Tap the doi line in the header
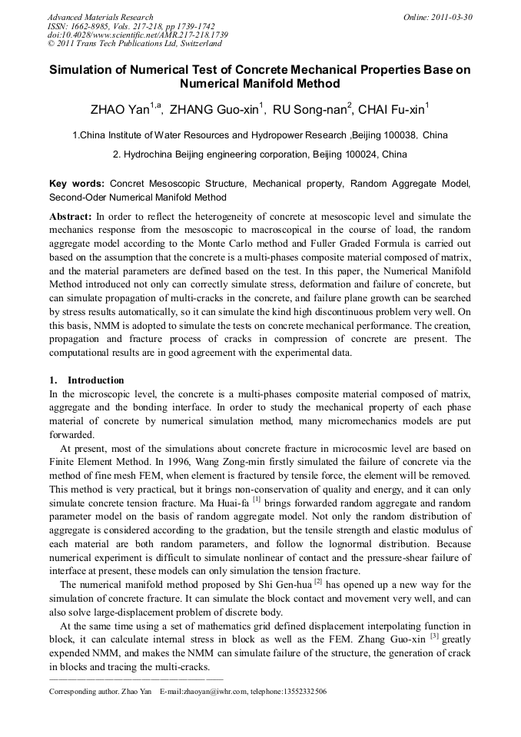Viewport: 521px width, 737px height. pyautogui.click(x=138, y=35)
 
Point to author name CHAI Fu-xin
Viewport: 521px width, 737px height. pyautogui.click(x=395, y=109)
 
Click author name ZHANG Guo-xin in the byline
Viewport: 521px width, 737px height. pyautogui.click(x=214, y=109)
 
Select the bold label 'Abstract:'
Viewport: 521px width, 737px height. pyautogui.click(x=71, y=217)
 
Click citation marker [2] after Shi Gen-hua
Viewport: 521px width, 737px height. pyautogui.click(x=317, y=583)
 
